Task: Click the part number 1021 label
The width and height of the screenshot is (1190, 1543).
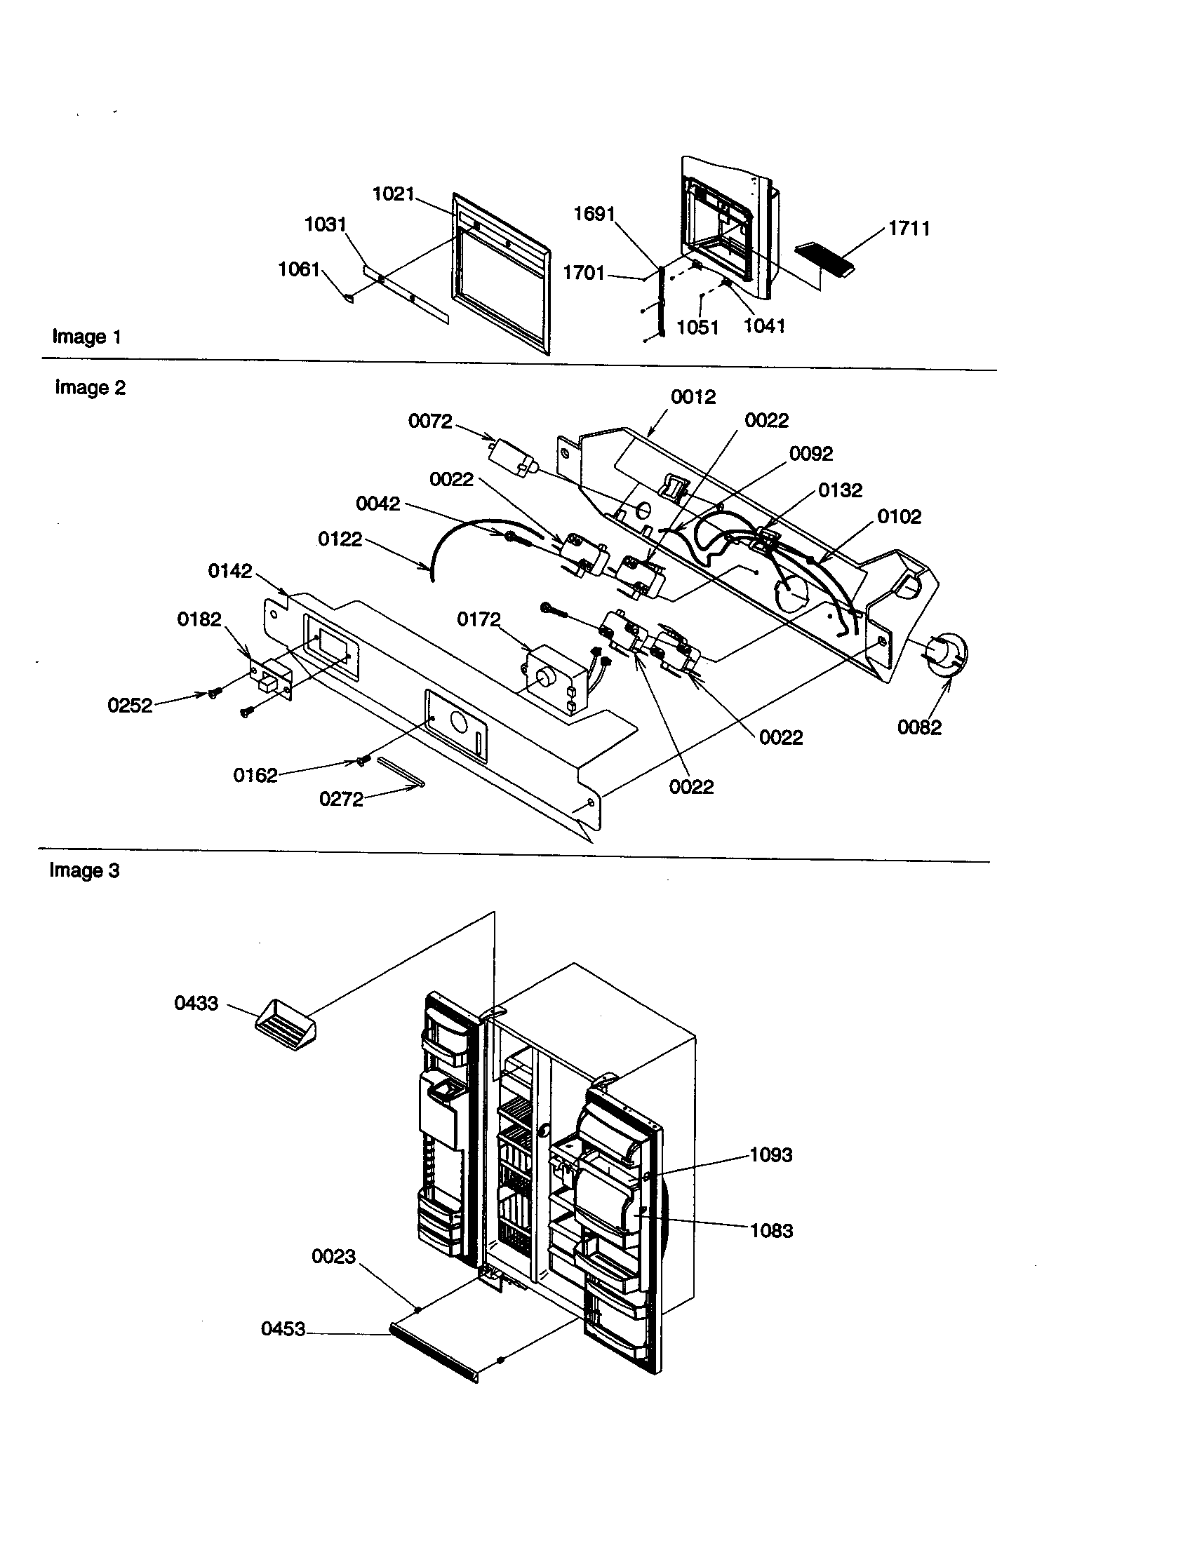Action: point(393,194)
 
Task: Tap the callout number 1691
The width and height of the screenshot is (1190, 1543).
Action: point(594,213)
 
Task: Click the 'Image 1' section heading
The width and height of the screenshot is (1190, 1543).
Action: point(86,336)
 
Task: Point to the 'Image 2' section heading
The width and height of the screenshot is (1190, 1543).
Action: point(90,387)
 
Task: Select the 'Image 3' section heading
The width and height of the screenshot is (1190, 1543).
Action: point(84,870)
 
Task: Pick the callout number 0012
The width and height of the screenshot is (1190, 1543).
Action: point(693,396)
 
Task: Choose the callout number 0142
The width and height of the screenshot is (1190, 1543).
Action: point(229,571)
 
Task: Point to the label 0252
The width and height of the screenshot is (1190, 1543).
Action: point(129,705)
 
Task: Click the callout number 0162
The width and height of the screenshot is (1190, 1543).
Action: point(255,775)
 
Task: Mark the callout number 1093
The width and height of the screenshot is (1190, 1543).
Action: point(770,1154)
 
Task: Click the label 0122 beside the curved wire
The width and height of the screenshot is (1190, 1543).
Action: point(339,539)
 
